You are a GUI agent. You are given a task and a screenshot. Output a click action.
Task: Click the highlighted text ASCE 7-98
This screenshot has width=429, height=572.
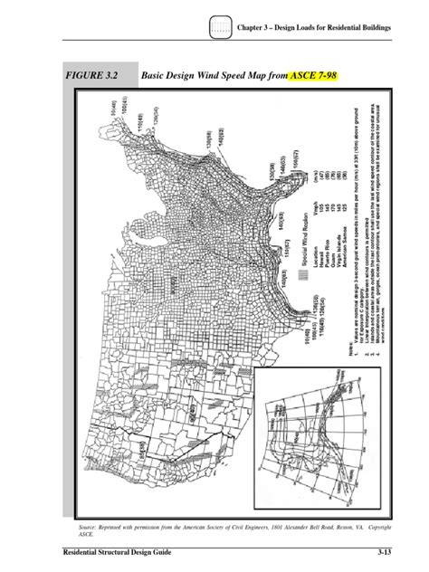(x=313, y=79)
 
